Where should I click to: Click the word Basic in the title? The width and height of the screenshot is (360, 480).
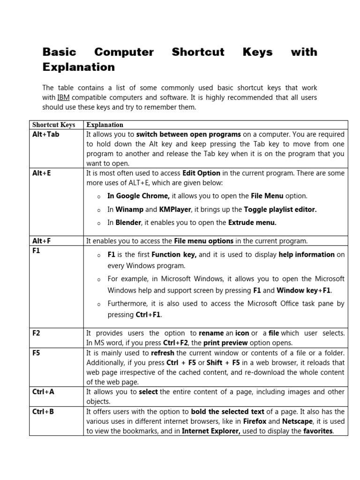(x=59, y=52)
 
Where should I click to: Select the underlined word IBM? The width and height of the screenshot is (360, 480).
(x=63, y=97)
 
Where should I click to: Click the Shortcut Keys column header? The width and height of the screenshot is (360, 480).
(x=53, y=125)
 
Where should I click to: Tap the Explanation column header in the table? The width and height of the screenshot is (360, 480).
(x=105, y=125)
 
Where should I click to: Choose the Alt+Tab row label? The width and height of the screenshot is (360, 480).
(x=46, y=135)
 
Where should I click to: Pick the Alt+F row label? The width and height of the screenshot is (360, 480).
(x=41, y=241)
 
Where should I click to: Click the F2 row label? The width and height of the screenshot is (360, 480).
(x=36, y=333)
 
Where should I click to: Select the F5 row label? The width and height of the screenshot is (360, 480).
(x=36, y=353)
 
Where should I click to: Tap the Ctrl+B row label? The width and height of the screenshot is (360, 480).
(x=43, y=412)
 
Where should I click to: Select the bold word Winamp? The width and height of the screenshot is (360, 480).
(x=129, y=210)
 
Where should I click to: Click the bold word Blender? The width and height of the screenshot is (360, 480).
(x=128, y=223)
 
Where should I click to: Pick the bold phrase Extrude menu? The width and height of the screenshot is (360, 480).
(x=252, y=223)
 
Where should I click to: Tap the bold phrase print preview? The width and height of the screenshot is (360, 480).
(x=226, y=343)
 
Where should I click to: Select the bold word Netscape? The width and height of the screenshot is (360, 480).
(x=297, y=421)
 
